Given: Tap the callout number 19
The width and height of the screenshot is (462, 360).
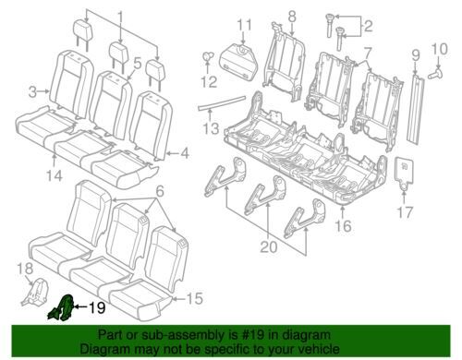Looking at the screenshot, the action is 97,307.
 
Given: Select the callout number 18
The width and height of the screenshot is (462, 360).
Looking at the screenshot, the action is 25,269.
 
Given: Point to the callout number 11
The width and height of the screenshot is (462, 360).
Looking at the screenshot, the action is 245,25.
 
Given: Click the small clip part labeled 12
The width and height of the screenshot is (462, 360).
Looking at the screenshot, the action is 207,57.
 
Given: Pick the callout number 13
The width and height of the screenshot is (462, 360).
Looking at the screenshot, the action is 211,128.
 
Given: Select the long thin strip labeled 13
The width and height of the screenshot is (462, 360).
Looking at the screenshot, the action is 222,102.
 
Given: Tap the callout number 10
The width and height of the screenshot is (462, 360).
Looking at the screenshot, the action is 440,49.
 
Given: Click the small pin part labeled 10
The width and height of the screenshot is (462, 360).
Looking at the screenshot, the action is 435,74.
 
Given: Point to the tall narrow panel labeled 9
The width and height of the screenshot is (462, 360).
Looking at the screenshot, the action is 415,108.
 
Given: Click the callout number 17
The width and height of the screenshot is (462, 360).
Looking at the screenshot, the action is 405,212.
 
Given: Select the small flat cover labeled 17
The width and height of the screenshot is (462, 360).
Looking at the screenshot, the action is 404,171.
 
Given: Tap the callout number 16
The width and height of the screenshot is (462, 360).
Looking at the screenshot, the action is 344,226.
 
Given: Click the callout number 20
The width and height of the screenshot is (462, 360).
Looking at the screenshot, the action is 269,246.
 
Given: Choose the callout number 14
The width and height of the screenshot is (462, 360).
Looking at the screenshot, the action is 55,175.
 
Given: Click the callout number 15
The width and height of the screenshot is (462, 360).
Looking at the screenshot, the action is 195,298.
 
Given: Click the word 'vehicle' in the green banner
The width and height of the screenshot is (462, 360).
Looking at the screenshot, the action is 320,349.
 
